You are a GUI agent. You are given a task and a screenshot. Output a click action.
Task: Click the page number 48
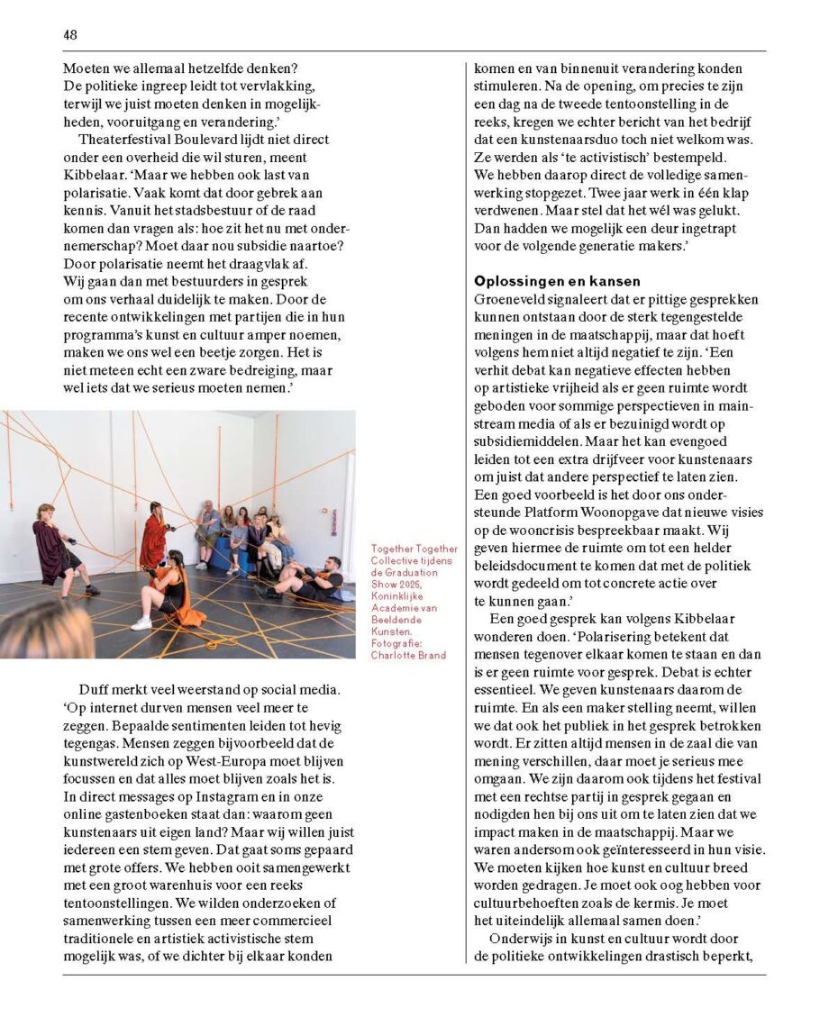tap(70, 34)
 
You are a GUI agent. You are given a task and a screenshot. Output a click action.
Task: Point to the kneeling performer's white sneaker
tap(141, 622)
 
